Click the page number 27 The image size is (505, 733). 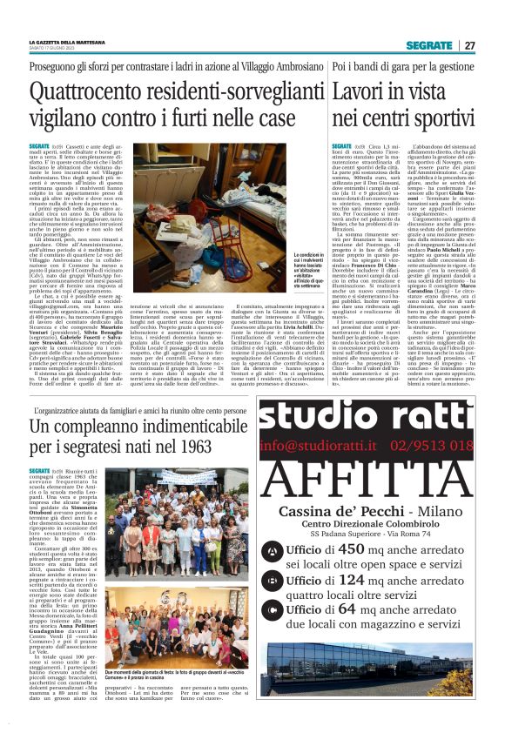tap(469, 45)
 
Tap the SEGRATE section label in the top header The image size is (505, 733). tap(429, 45)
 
